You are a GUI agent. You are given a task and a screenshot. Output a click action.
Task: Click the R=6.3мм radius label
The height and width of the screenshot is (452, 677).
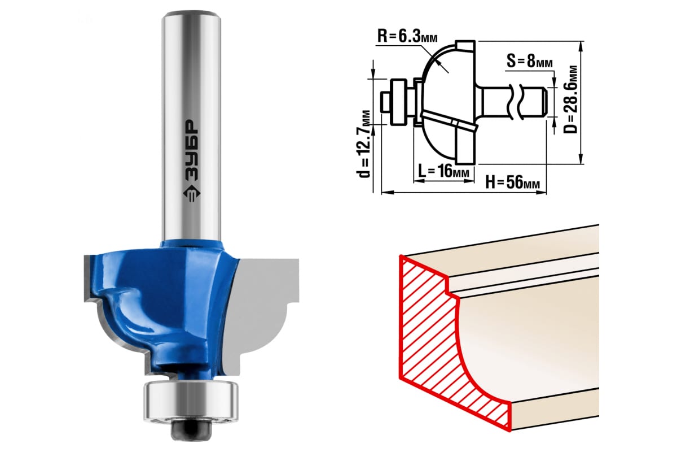(407, 36)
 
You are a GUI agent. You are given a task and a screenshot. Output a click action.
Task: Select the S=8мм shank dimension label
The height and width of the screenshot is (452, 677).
(530, 61)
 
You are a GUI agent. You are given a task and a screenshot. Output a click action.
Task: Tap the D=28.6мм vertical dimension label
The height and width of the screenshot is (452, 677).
(570, 99)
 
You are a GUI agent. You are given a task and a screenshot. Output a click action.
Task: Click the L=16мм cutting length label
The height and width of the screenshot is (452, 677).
(443, 171)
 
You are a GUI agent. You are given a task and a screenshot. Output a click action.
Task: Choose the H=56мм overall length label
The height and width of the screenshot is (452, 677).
(513, 182)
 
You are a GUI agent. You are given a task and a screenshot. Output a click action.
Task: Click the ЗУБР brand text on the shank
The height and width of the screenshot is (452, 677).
(191, 150)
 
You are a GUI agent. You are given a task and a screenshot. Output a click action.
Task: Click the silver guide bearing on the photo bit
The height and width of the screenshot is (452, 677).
(191, 399)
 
